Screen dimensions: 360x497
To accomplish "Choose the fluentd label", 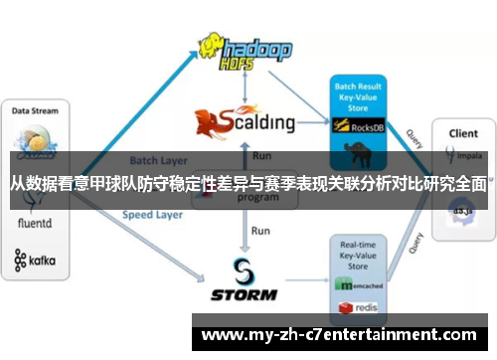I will point(36,226).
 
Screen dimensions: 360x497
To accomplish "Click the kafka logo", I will point(36,261).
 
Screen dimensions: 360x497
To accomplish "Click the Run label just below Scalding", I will point(261,156).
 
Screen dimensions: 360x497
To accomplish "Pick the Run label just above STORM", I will point(260,231).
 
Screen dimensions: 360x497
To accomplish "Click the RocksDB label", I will point(369,127).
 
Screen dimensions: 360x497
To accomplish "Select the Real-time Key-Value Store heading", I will point(358,256).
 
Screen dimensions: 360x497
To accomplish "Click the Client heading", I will point(462,132).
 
